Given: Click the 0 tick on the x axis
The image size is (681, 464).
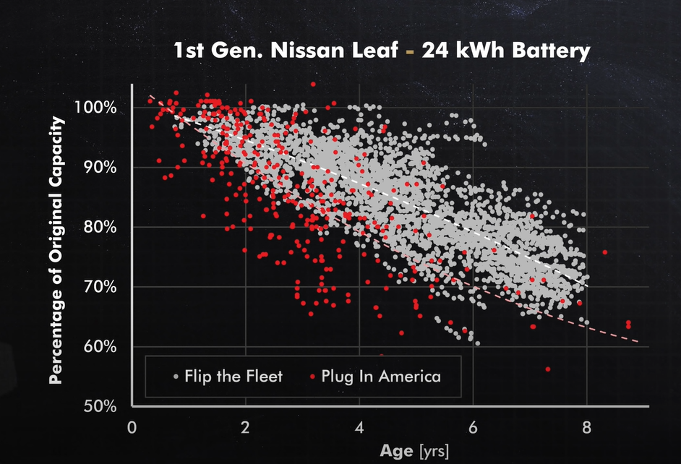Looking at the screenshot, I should pos(132,426).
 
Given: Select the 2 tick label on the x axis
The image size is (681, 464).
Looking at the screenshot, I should pos(245,426).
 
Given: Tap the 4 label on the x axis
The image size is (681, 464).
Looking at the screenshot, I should pos(359,426).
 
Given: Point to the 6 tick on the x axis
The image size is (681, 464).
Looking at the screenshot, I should pos(473,426).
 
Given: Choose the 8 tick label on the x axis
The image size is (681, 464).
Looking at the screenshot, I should pos(586,426).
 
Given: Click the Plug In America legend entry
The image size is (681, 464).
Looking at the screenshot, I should pos(380,377).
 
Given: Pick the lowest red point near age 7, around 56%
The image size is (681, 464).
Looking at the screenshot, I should pos(548,369).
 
